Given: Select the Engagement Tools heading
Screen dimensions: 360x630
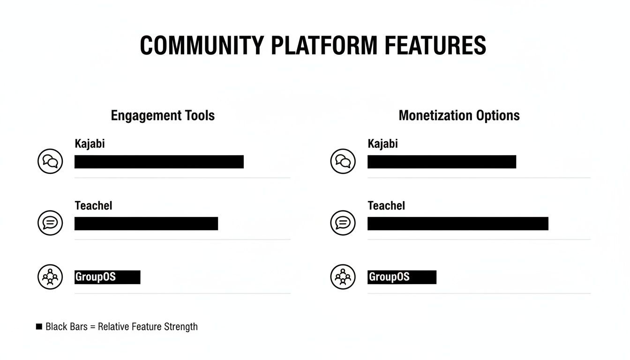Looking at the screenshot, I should pos(163,115).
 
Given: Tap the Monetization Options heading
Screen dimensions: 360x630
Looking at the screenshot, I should pos(459,115).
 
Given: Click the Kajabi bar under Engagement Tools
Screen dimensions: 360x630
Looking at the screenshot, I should pos(159,162).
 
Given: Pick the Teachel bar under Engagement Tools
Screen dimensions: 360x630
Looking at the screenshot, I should pos(146,224).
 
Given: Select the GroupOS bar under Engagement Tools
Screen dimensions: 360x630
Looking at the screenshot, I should pos(107,277).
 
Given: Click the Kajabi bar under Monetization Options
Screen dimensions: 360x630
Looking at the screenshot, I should pos(442,162).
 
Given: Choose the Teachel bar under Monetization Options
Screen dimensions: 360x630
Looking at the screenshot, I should pos(457,224).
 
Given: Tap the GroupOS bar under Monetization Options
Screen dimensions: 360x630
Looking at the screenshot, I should pos(402,277).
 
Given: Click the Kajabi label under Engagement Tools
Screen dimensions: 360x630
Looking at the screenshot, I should pos(90,143).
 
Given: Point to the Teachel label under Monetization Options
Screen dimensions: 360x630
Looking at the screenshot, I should pos(386,205).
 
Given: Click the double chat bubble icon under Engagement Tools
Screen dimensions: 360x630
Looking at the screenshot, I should pos(50,161).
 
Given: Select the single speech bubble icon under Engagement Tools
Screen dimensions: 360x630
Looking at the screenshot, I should pos(50,223).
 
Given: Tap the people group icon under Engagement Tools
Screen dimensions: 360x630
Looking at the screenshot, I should pos(50,277).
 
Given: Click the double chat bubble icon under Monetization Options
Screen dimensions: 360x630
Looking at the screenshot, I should pos(343,161).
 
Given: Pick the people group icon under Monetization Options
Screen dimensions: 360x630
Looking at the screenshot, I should pos(343,277).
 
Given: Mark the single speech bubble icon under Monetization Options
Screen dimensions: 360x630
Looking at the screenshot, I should pos(343,223).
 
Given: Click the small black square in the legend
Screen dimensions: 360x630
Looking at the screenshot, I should pos(39,327).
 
